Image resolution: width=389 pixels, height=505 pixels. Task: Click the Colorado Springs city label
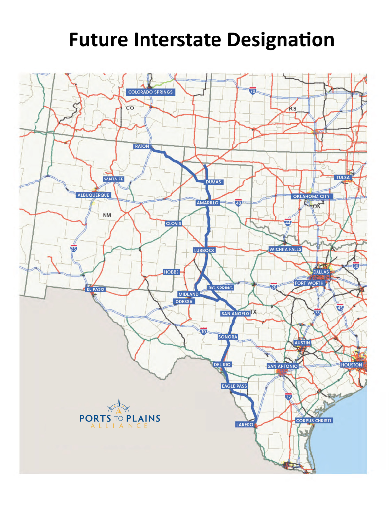tap(150, 92)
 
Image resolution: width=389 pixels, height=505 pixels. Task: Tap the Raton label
tap(141, 146)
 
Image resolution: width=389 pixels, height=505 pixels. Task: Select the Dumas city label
tap(213, 182)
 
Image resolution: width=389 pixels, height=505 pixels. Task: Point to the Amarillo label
tap(207, 203)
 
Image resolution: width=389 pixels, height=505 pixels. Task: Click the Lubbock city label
tap(205, 251)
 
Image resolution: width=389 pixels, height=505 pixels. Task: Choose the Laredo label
tap(245, 424)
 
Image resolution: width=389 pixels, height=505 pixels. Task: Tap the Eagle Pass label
tap(234, 386)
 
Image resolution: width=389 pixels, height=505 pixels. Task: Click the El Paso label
tap(95, 289)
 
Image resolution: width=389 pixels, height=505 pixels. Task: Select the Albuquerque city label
tap(94, 195)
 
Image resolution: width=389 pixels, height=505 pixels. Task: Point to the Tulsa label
tap(342, 177)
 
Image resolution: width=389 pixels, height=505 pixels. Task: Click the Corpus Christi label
tap(314, 421)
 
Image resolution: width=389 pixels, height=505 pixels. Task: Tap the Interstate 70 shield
tap(252, 91)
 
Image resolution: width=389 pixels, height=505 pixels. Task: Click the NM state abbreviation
tap(107, 216)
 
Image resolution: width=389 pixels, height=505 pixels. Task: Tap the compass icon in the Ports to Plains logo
tap(120, 407)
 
